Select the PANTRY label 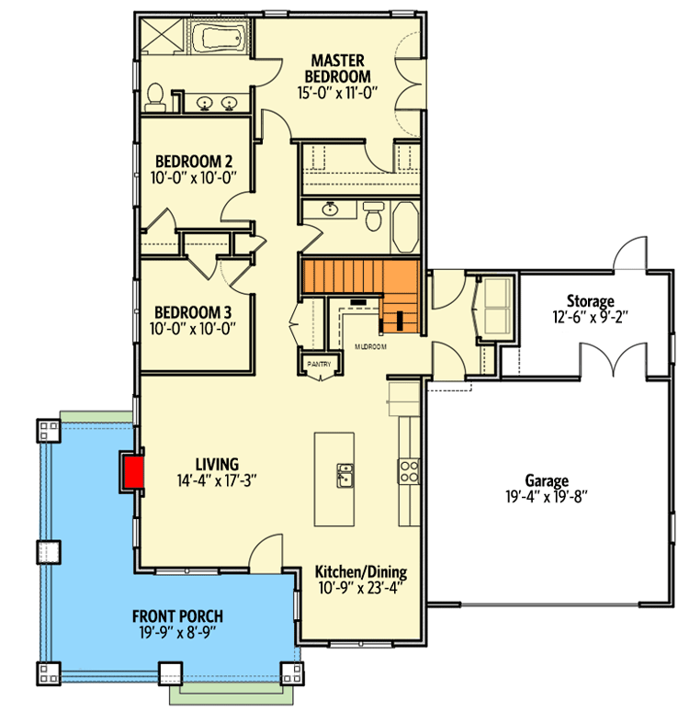pyautogui.click(x=319, y=364)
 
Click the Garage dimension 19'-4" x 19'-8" pyautogui.click(x=546, y=498)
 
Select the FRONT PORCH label pyautogui.click(x=177, y=615)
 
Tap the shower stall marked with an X pyautogui.click(x=164, y=42)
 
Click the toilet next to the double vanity pyautogui.click(x=155, y=96)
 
